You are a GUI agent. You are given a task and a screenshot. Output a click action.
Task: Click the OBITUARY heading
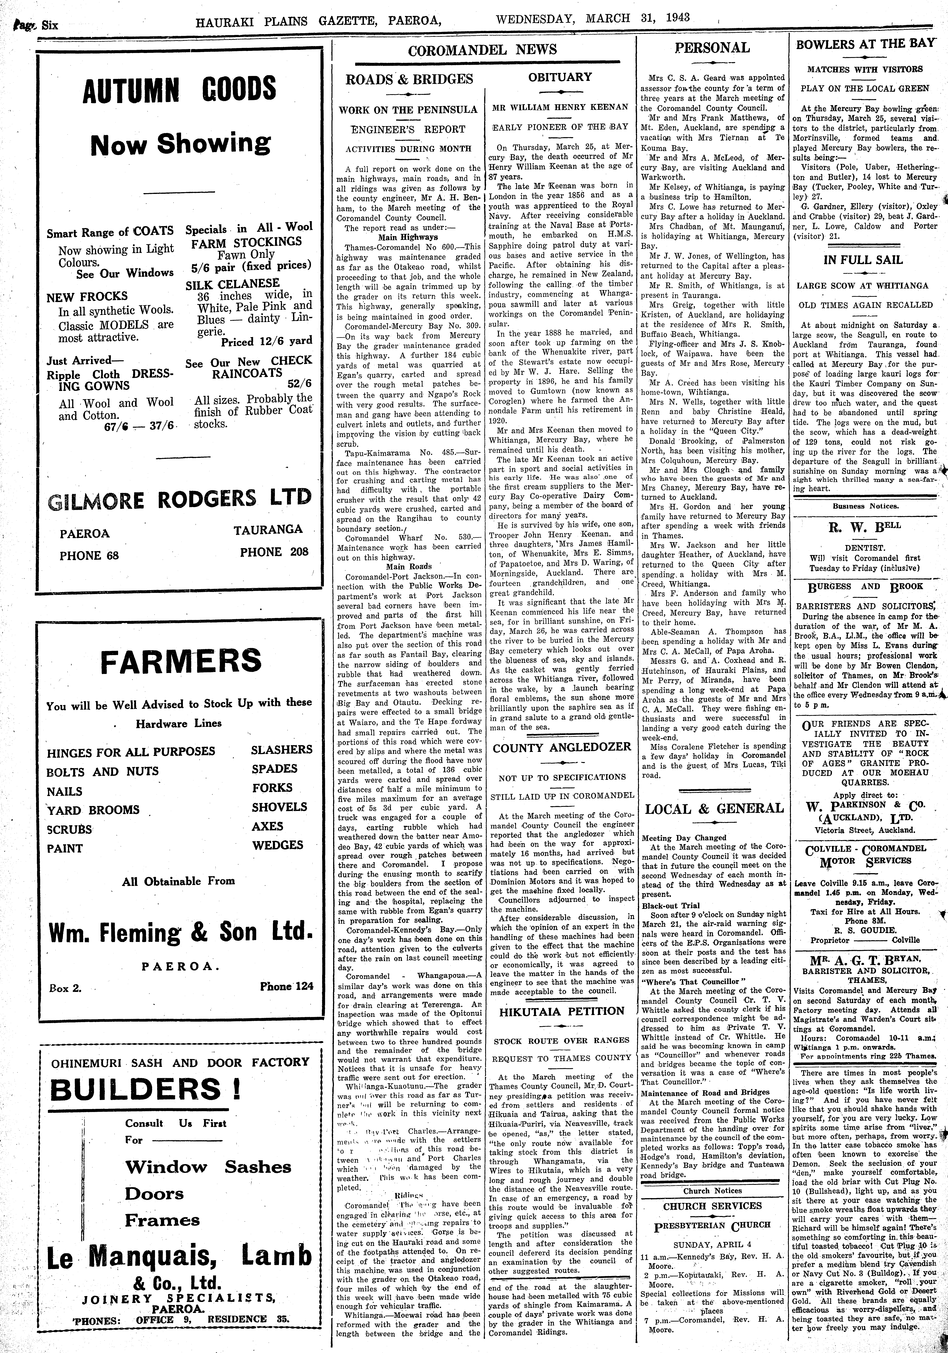click(x=560, y=77)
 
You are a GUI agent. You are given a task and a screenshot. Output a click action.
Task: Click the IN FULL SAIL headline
click(x=863, y=260)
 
